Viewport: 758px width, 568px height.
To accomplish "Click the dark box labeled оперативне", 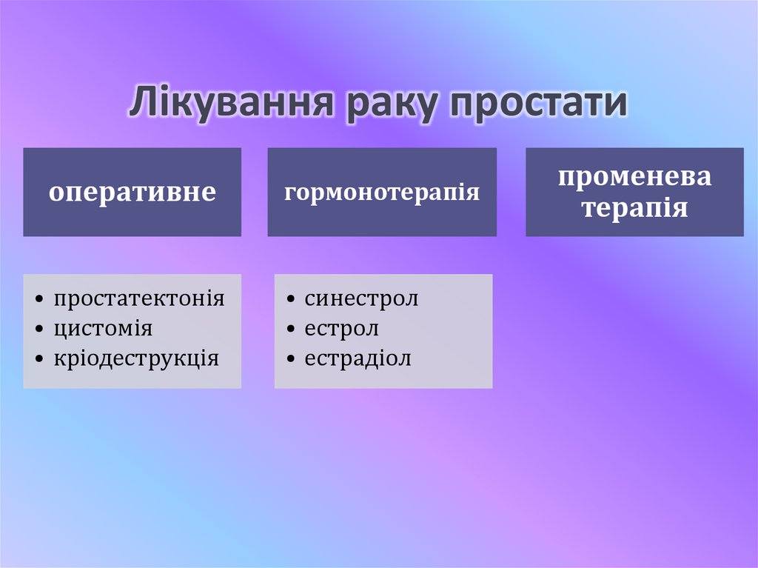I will (x=132, y=193).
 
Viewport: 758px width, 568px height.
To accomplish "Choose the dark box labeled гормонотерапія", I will (x=382, y=193).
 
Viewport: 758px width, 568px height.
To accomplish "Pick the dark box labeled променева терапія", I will (x=634, y=193).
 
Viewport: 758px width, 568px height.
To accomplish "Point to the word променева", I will (x=634, y=178).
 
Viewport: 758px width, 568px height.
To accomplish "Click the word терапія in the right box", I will (x=634, y=207).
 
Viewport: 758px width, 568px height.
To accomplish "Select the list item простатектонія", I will (x=138, y=299).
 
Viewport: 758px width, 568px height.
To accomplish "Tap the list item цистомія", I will (x=102, y=329).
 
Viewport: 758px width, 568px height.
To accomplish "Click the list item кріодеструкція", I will (x=136, y=359).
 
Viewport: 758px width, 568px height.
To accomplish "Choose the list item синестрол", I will (x=361, y=299).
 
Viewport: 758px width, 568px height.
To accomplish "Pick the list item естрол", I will (x=341, y=329).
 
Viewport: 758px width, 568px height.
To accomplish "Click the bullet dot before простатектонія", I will (x=38, y=300).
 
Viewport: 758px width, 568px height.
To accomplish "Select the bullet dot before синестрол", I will (x=290, y=300).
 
